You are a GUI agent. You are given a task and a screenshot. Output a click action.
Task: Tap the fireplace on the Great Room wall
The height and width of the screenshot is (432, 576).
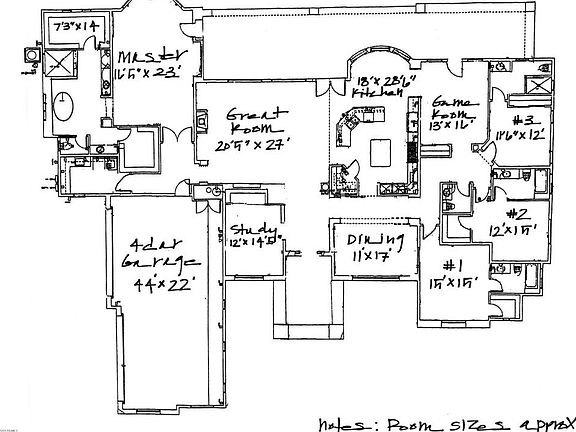[200, 122]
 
